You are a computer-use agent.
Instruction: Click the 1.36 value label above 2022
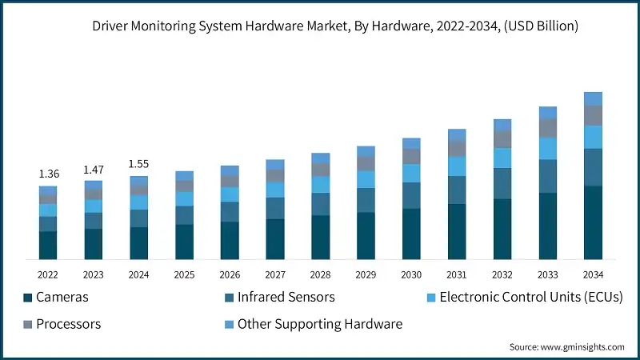(48, 174)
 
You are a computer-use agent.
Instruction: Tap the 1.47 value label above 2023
(94, 170)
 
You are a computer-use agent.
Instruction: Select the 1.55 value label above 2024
(139, 164)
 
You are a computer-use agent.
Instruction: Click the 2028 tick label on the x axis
(321, 274)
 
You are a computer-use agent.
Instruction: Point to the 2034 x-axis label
(593, 274)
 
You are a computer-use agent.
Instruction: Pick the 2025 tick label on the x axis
(185, 274)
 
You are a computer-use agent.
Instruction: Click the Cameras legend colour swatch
(28, 298)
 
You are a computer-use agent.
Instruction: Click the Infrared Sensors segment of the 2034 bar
(593, 167)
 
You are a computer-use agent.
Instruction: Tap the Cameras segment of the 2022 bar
(48, 245)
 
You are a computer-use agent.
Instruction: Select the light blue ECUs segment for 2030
(411, 173)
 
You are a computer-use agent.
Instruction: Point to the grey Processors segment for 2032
(502, 139)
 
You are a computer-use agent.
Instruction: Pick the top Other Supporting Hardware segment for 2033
(547, 113)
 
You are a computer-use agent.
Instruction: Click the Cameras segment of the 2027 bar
(275, 238)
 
